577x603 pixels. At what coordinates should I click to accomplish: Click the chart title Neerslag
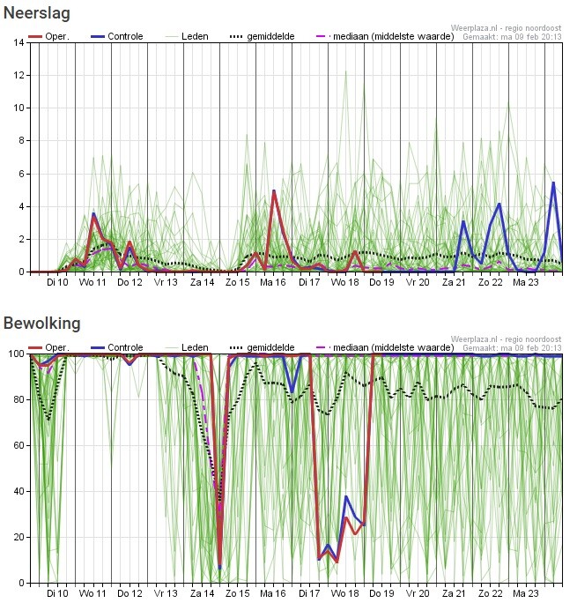click(37, 13)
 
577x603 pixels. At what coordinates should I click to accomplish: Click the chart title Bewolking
click(41, 324)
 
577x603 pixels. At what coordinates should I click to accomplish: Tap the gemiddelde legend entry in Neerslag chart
click(269, 36)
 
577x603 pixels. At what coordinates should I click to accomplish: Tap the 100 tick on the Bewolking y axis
click(16, 354)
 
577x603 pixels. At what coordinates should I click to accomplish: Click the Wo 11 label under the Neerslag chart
click(92, 283)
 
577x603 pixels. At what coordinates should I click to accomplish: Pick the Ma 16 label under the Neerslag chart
click(274, 283)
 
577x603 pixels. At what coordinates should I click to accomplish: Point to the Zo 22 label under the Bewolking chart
click(491, 594)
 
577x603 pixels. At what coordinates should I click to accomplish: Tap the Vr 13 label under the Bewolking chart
click(166, 594)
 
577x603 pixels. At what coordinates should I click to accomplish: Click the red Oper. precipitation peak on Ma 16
click(274, 192)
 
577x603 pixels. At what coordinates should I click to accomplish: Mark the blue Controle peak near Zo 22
click(499, 204)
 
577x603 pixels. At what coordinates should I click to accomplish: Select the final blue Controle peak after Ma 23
click(553, 182)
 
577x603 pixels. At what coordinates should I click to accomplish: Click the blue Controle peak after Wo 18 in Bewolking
click(346, 497)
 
